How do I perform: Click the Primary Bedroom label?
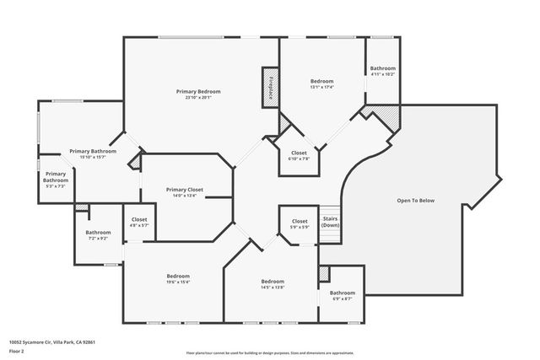coord(198,91)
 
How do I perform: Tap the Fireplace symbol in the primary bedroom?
coord(271,87)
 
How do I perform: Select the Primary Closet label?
coord(185,190)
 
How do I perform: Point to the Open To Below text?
coord(416,201)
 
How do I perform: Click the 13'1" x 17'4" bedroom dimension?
coord(322,87)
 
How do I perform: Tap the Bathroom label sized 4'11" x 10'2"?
coord(382,68)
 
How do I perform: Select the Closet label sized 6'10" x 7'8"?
coord(300,153)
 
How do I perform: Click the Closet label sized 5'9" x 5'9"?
coord(300,221)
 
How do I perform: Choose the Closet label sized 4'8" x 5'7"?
coord(139,220)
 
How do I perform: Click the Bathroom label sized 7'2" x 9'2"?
coord(98,232)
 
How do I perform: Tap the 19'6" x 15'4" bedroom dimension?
coord(178,282)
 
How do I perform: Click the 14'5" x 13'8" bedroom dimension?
coord(273,287)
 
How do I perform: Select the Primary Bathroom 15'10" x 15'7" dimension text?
coord(92,158)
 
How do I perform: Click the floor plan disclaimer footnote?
coord(269,352)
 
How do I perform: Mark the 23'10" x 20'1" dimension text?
coord(198,98)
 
